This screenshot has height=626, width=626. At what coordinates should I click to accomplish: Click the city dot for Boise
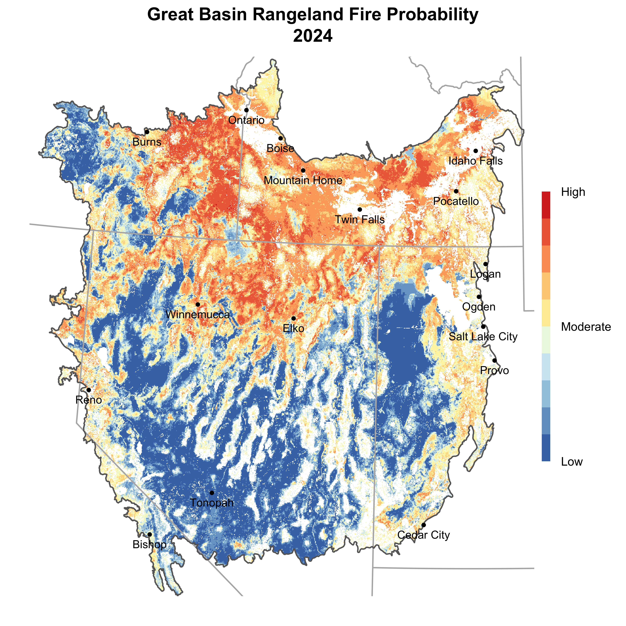click(281, 138)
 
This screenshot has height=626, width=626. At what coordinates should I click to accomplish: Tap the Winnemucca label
click(198, 315)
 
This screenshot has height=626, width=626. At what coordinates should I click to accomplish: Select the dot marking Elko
click(294, 319)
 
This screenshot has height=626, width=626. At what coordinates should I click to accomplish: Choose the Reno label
click(89, 400)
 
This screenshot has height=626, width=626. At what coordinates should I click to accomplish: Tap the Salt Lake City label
click(483, 337)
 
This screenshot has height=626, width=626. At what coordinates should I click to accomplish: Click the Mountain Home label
click(303, 180)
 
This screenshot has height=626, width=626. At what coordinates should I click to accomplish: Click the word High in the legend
click(573, 192)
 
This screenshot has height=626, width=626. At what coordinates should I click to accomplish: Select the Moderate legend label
click(586, 327)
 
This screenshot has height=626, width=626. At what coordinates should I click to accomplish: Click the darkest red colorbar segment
click(546, 205)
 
